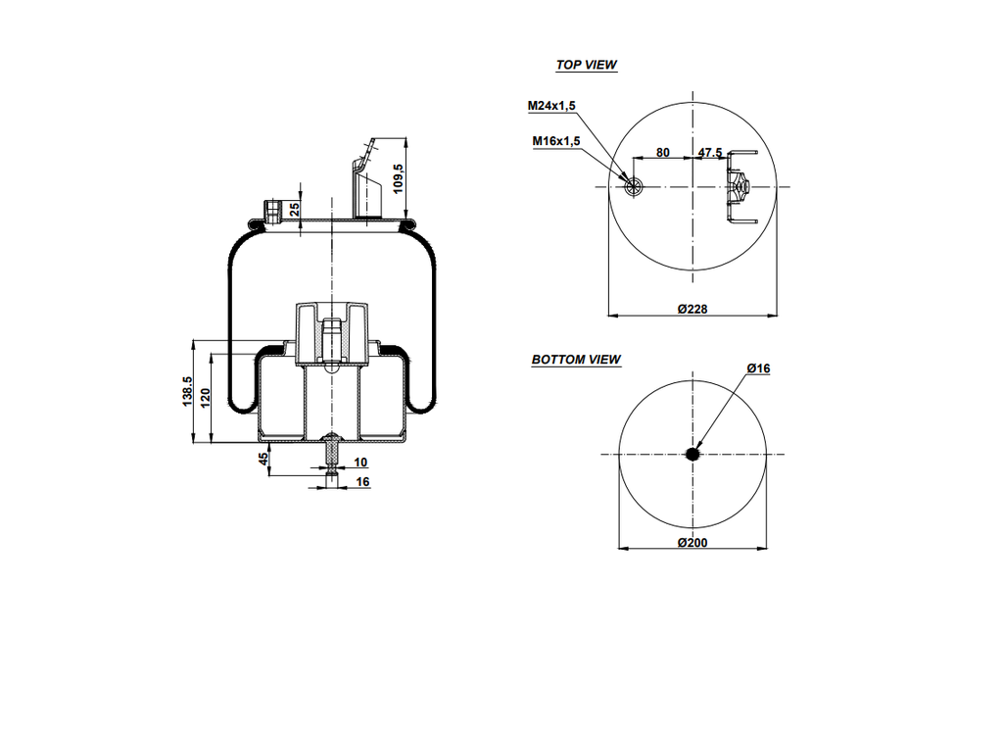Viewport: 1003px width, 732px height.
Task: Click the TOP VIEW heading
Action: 586,65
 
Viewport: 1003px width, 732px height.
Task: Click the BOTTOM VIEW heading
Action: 576,360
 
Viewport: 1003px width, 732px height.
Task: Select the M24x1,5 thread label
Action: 551,106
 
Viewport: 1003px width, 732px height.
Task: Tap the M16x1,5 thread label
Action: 556,141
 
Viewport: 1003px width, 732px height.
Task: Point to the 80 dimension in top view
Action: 663,153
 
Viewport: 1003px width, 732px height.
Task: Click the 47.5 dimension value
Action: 710,153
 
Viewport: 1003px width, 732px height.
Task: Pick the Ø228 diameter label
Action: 693,309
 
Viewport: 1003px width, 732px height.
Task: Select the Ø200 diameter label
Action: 693,543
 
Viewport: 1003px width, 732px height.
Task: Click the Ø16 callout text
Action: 758,368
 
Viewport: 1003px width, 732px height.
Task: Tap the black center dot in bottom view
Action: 693,454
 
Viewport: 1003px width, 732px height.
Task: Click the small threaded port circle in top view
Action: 634,186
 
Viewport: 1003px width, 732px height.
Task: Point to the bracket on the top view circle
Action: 739,186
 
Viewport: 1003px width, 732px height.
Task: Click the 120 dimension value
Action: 206,398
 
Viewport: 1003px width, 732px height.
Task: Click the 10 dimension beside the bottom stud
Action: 360,462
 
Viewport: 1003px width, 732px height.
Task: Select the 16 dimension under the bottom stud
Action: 362,481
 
